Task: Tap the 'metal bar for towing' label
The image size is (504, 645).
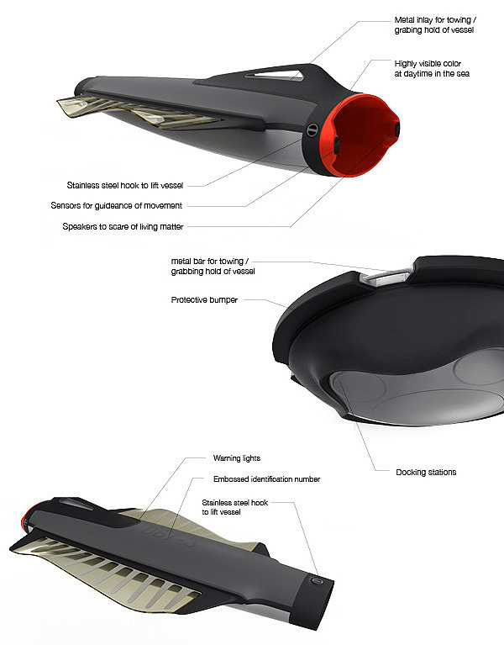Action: point(209,266)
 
